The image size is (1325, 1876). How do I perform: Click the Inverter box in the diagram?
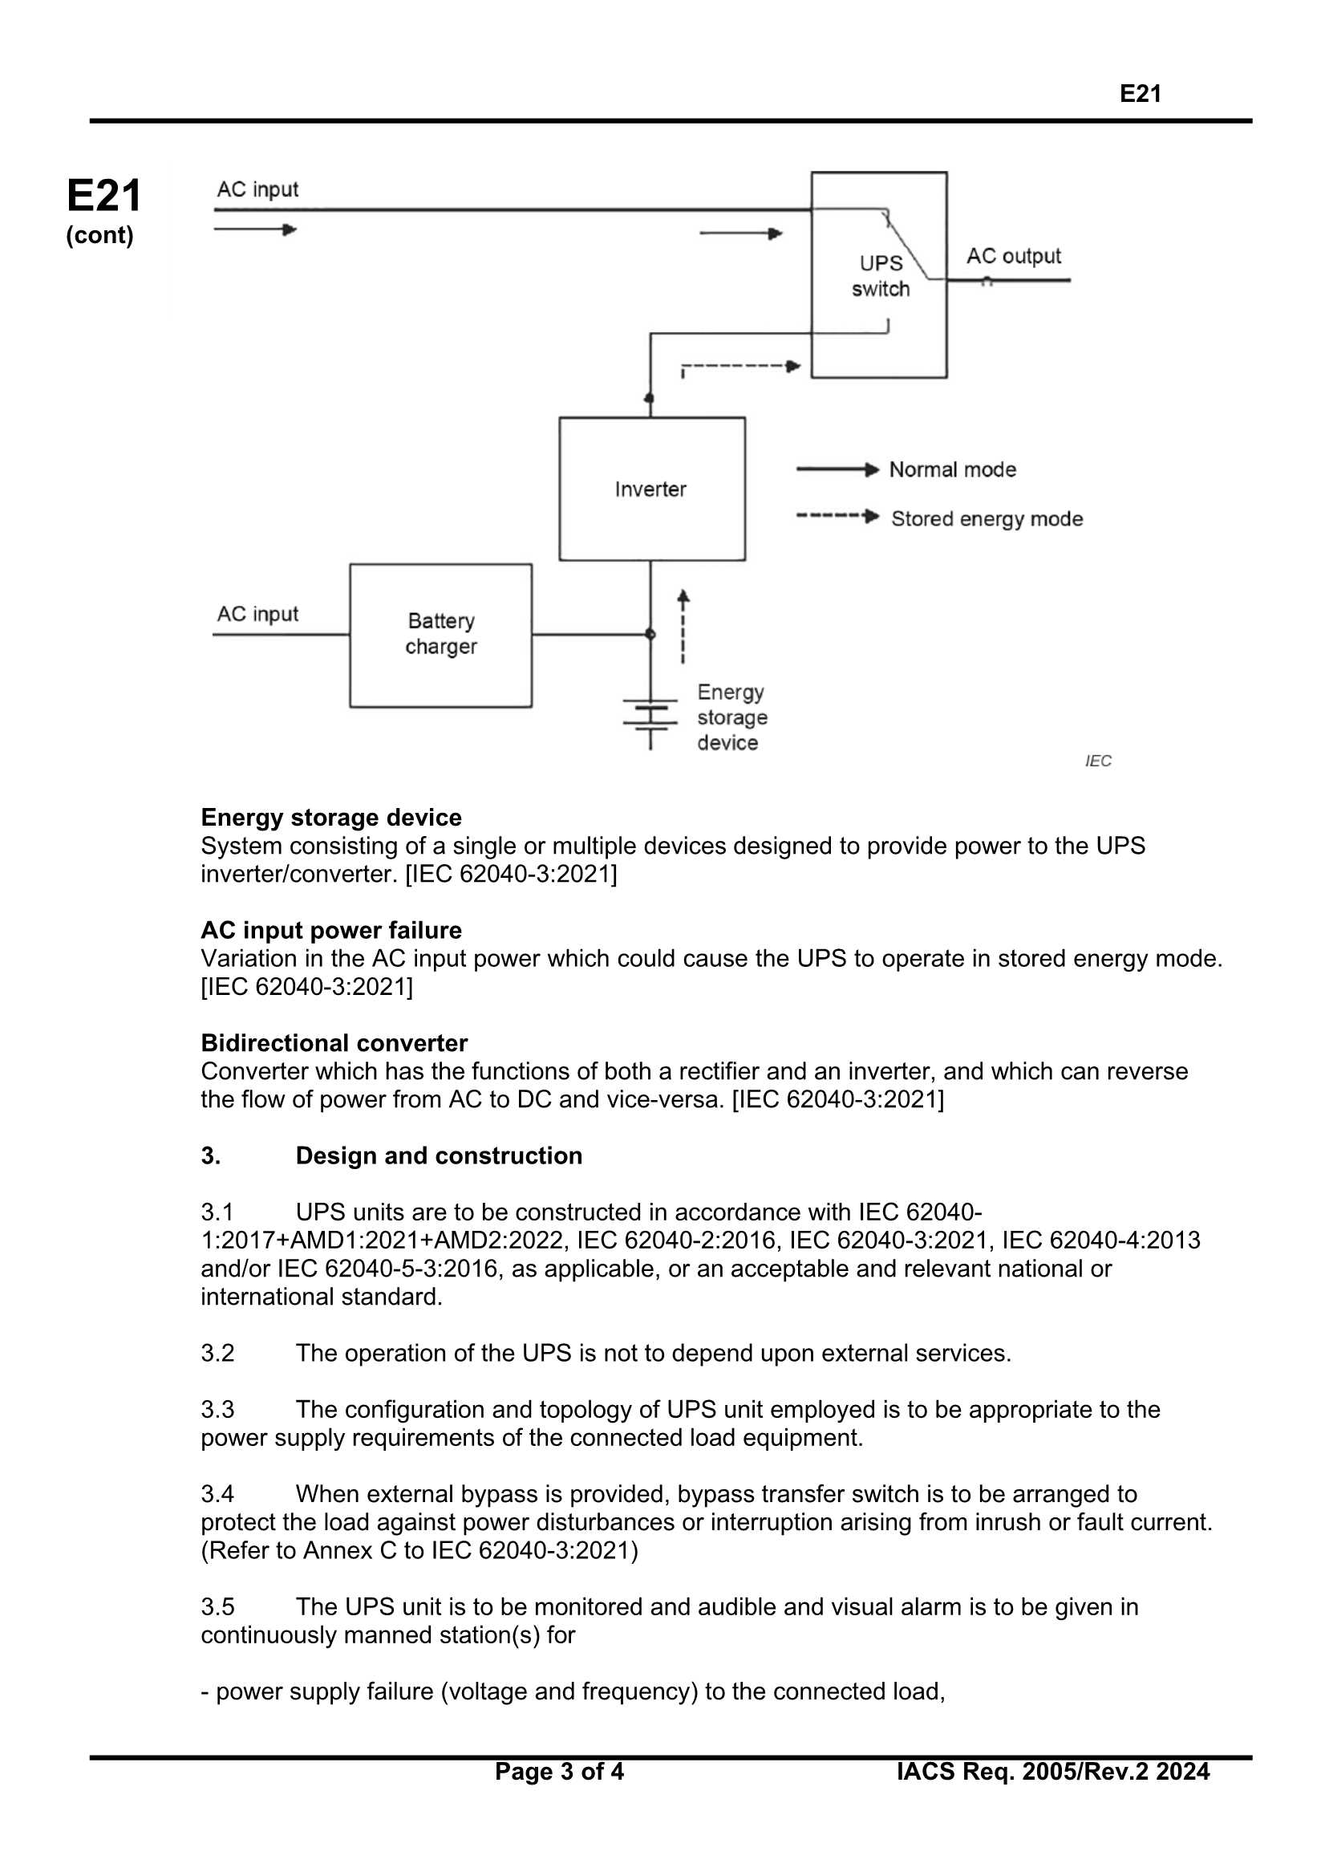(651, 489)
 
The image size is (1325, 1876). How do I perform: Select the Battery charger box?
(440, 635)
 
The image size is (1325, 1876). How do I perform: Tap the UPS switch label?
(880, 276)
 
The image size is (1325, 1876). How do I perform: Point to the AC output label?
(1013, 257)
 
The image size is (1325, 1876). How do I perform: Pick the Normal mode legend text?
(953, 470)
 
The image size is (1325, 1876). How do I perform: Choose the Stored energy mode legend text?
(986, 519)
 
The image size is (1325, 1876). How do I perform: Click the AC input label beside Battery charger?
(257, 614)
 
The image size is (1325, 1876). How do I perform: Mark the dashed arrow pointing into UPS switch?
(740, 367)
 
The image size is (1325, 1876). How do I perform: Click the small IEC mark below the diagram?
(1098, 761)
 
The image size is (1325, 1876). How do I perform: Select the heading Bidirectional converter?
(334, 1043)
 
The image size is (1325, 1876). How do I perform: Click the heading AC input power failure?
(330, 931)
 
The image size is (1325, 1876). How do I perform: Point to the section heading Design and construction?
(439, 1156)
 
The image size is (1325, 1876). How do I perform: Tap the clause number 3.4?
(217, 1494)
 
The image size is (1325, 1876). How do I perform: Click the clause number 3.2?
(217, 1353)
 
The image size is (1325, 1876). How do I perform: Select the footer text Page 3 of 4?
(559, 1772)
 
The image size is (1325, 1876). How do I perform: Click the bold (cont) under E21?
(99, 235)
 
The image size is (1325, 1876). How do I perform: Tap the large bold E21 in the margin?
(103, 196)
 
